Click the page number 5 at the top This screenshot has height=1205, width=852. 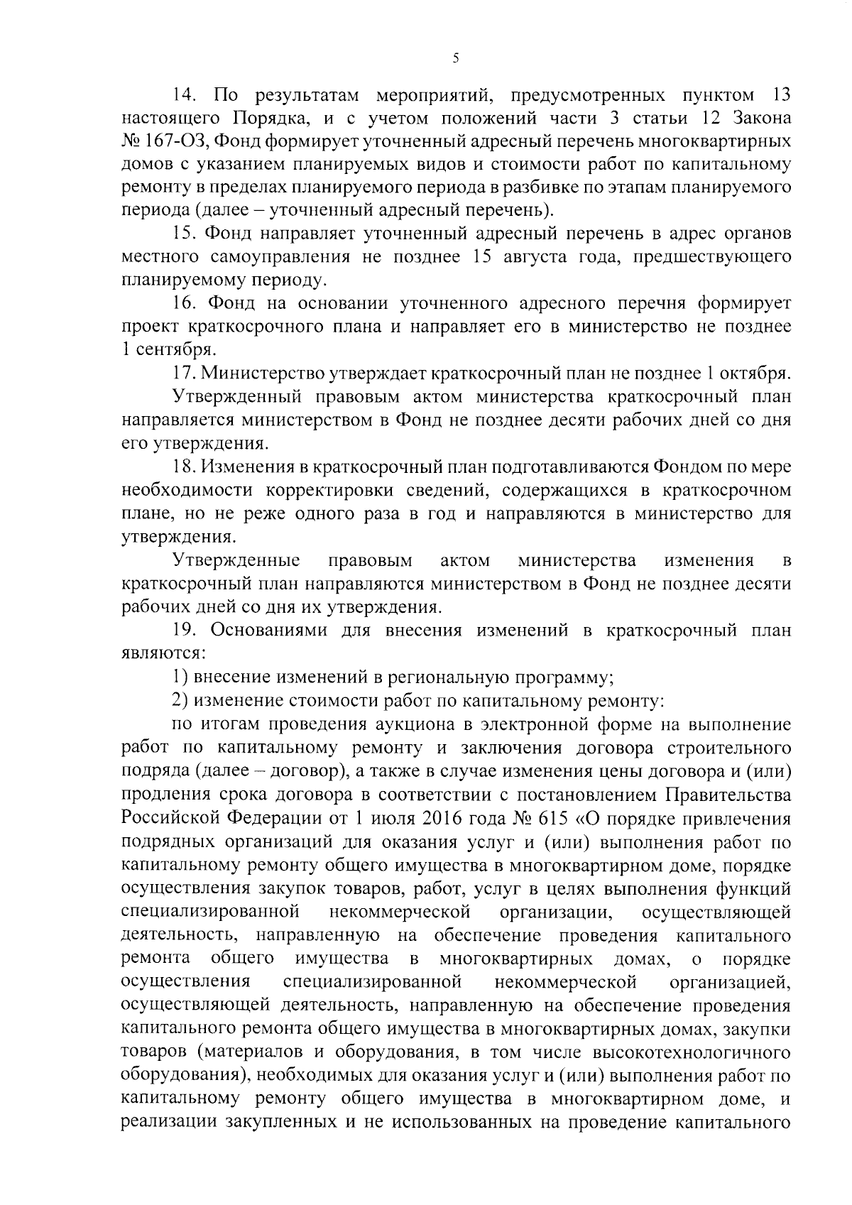click(455, 60)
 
